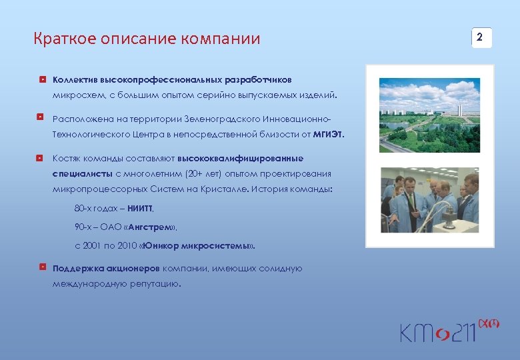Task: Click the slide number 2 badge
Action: [481, 37]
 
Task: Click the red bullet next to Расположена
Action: [42, 118]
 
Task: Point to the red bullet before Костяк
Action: [42, 158]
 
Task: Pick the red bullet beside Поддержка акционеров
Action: [42, 268]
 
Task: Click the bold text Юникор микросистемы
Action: [198, 245]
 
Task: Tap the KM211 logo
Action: [441, 329]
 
